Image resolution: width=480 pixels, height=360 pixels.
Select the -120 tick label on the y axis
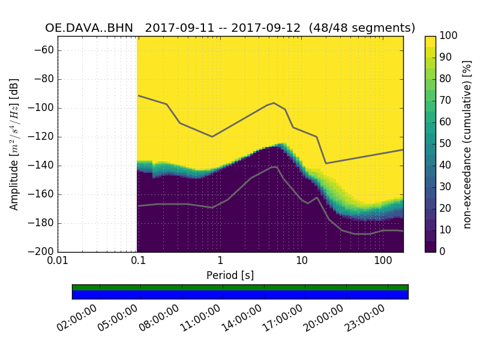click(x=41, y=137)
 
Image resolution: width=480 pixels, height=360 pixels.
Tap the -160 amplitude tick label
click(x=41, y=194)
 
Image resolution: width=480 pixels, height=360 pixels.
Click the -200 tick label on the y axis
click(x=41, y=252)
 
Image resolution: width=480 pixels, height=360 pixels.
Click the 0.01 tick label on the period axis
click(x=58, y=261)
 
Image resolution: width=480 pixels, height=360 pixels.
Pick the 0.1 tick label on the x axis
click(x=139, y=261)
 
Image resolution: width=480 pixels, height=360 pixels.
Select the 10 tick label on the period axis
click(x=301, y=261)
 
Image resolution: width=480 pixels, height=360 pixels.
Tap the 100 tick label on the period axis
click(x=383, y=261)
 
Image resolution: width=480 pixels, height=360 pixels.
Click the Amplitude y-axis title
click(x=14, y=144)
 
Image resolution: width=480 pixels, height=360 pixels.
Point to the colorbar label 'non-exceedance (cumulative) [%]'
click(x=468, y=144)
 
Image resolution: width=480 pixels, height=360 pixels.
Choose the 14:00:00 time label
click(x=242, y=318)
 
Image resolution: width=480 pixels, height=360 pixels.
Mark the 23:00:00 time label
click(x=365, y=318)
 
